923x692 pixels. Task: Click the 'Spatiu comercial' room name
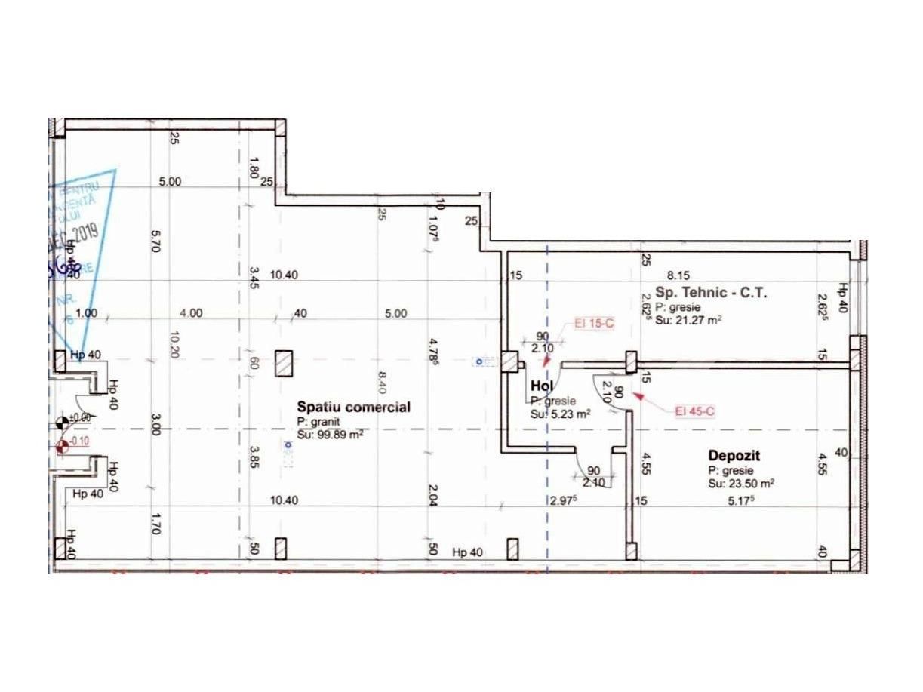point(353,408)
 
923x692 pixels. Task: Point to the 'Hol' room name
point(542,386)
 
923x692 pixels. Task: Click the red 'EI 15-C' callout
point(594,324)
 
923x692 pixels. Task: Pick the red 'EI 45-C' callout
point(695,411)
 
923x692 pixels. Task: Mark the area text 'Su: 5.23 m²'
point(559,414)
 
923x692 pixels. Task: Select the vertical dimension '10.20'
point(175,346)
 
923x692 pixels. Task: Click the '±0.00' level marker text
point(80,417)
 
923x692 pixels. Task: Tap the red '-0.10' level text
point(80,442)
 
